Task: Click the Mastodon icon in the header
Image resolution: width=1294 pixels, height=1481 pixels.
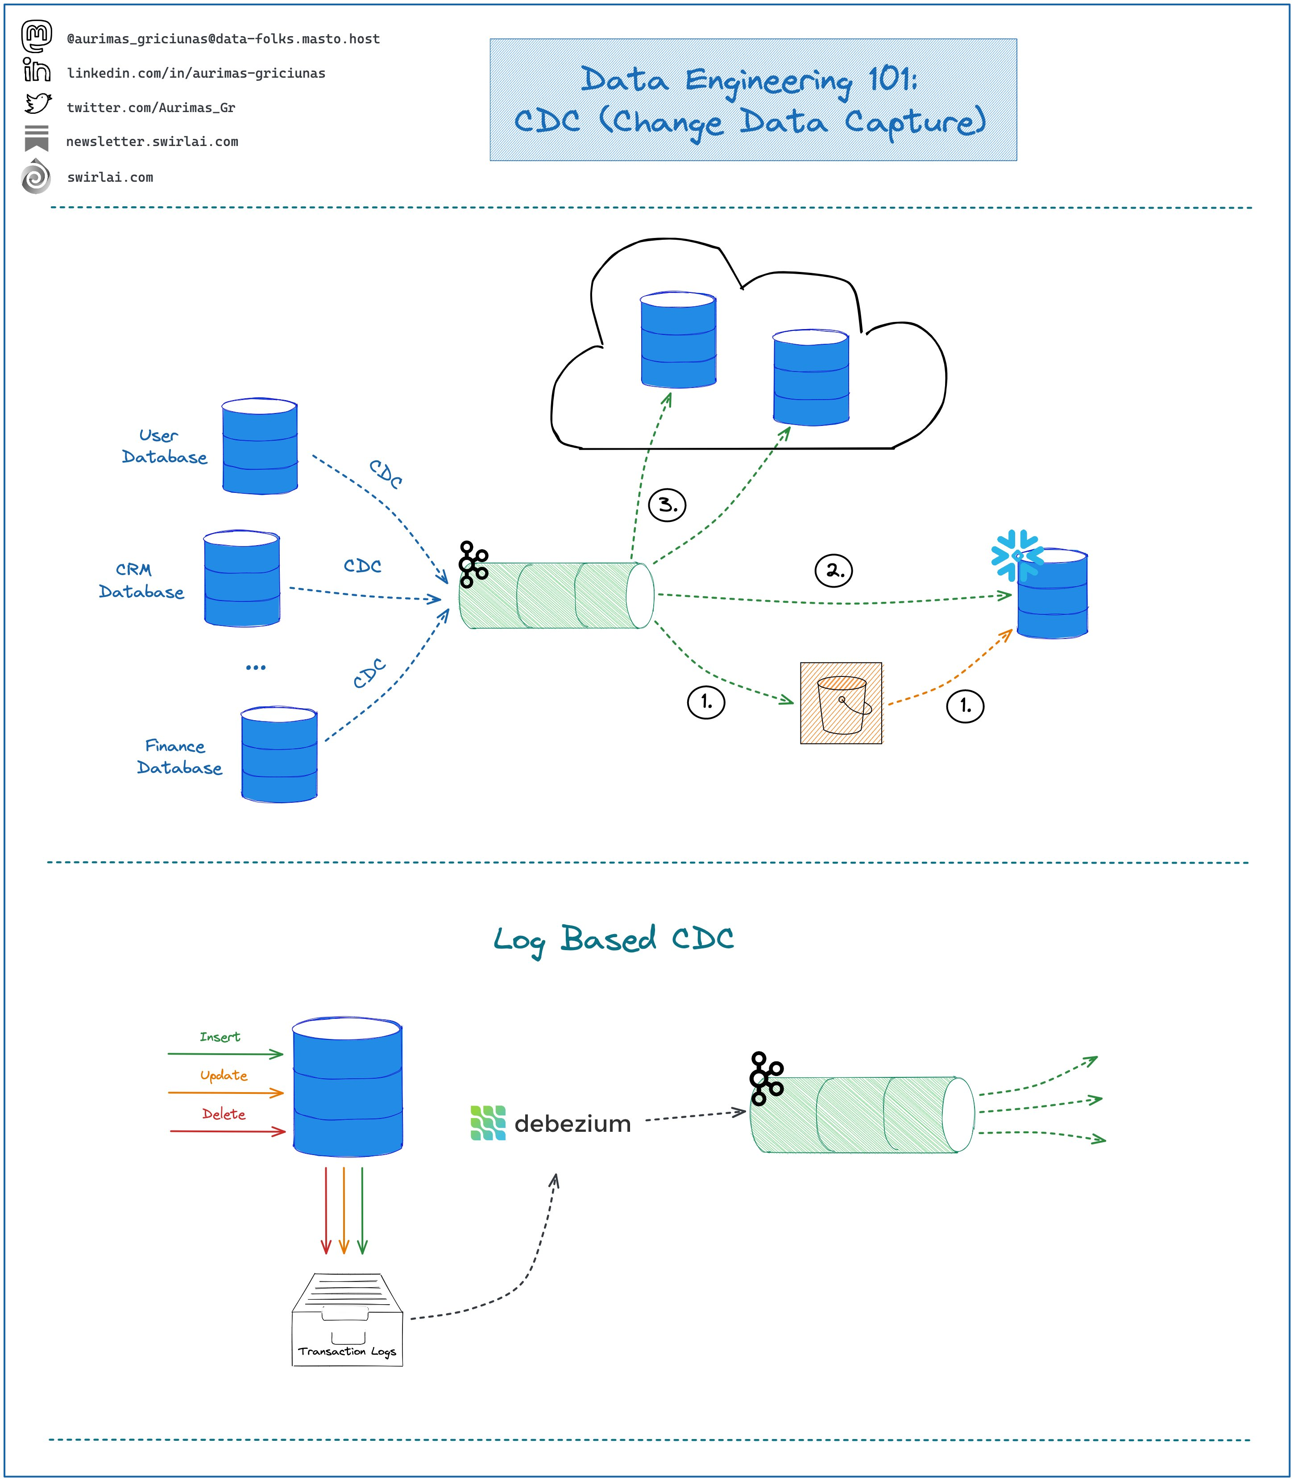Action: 36,36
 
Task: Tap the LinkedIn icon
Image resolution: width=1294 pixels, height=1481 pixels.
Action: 36,70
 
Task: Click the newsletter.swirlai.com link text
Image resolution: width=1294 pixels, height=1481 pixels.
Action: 152,142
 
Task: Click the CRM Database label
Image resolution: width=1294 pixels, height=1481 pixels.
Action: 141,581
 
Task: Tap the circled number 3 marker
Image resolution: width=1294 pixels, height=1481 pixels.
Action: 667,505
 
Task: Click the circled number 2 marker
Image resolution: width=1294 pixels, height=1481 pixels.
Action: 834,571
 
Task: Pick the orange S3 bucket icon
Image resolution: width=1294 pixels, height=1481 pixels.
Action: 841,703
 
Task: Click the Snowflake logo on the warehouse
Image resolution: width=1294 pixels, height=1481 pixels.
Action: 1017,555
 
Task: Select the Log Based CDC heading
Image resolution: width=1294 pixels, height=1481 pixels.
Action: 614,939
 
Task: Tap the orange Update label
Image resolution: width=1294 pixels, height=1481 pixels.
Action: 224,1075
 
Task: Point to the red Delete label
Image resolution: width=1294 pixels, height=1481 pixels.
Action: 224,1114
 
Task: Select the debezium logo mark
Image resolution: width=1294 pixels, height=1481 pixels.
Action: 488,1123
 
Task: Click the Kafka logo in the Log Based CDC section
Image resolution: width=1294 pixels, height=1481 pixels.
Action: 766,1079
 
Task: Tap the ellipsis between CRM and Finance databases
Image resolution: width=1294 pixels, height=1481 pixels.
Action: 256,667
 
